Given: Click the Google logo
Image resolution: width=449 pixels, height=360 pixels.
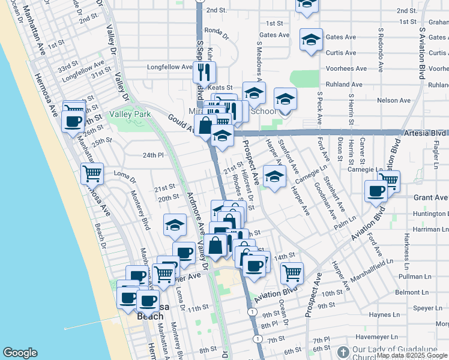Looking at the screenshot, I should (x=20, y=353).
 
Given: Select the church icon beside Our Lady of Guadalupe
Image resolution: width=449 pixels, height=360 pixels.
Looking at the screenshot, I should (x=343, y=352).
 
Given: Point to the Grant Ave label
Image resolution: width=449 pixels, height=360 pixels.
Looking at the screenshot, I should (x=430, y=197).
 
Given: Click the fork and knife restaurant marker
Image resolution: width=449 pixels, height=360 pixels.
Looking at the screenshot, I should (x=204, y=73).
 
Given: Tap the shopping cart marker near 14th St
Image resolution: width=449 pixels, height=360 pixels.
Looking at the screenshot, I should (x=292, y=274).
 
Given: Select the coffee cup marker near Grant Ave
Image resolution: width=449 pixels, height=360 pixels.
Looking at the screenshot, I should (x=376, y=191).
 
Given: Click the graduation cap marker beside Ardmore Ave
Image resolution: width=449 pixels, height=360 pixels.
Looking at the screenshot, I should (x=175, y=225).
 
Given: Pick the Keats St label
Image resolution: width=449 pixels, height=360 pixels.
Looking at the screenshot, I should (x=220, y=88).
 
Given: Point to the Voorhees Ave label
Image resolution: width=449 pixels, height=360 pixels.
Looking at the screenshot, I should (x=346, y=68).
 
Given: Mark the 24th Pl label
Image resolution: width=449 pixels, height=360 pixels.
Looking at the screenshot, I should (x=153, y=155).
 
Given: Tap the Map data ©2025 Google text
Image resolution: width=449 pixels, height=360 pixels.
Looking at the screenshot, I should (x=412, y=355).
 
